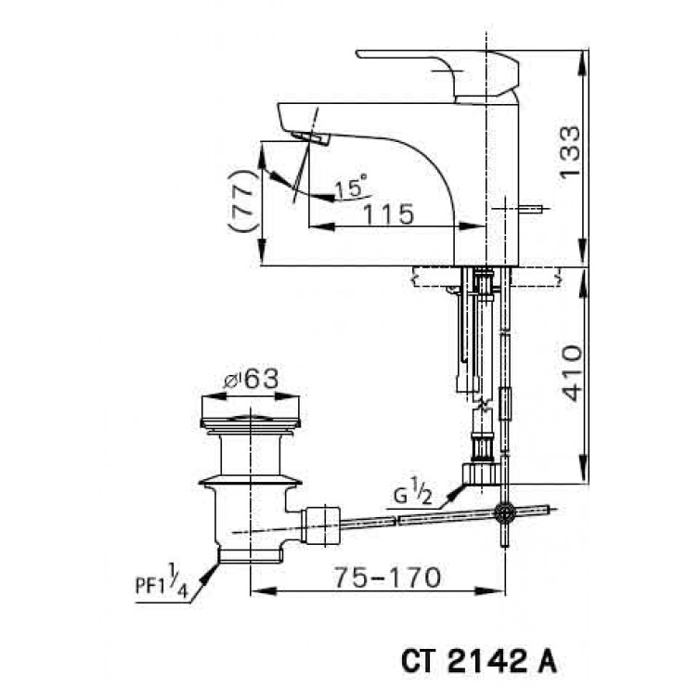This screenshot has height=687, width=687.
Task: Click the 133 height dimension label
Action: [x=571, y=151]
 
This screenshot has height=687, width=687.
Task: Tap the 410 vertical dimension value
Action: [x=572, y=373]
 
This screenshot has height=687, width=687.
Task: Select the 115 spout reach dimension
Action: [x=388, y=214]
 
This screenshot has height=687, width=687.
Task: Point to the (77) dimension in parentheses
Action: [x=241, y=201]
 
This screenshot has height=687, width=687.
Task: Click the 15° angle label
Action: [x=351, y=187]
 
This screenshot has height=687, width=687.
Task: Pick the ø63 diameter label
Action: [x=251, y=379]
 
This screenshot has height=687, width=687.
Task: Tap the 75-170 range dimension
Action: [x=387, y=577]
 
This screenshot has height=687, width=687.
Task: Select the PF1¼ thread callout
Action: [x=162, y=581]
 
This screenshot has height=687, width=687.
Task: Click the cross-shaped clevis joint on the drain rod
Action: [x=504, y=513]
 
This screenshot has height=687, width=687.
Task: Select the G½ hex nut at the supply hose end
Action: [x=481, y=473]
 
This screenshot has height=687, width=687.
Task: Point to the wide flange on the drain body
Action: [x=251, y=480]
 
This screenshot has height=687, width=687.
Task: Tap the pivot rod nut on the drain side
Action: [x=322, y=525]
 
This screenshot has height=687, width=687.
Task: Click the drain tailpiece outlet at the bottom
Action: [x=250, y=555]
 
